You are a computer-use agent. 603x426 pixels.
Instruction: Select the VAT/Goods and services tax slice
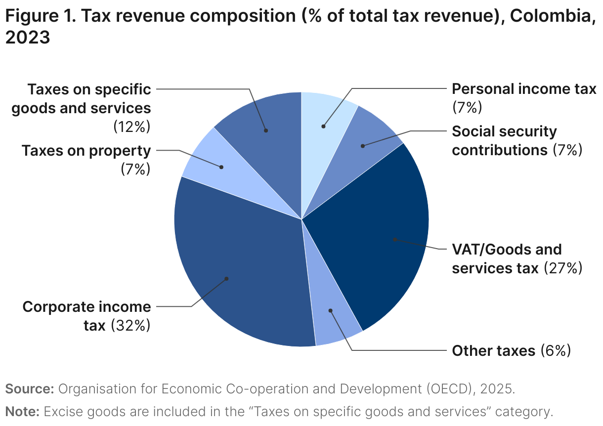[376, 232]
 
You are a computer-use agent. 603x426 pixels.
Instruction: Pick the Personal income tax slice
[326, 119]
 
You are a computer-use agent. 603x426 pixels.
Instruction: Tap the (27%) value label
[563, 268]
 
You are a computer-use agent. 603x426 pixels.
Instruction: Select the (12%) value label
[131, 127]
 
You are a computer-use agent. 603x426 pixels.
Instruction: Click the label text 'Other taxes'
[493, 350]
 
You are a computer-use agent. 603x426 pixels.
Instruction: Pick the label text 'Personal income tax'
[524, 89]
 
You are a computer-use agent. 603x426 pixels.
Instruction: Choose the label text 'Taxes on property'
[86, 150]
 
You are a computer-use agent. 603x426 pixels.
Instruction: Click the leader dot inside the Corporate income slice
[226, 279]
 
